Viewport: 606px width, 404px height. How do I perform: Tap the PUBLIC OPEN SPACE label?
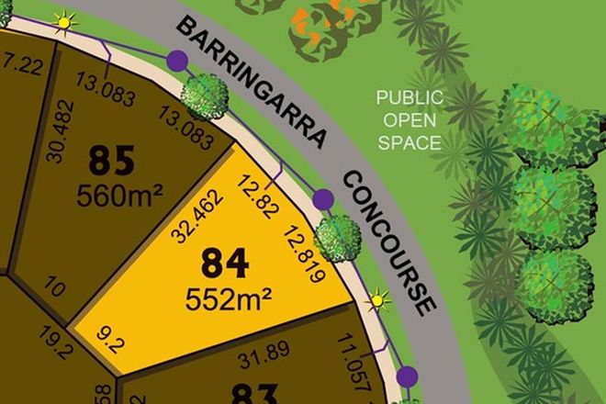pyautogui.click(x=409, y=119)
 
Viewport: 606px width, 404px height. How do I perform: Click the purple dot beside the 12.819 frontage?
pyautogui.click(x=322, y=199)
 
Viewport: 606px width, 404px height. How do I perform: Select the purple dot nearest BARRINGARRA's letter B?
pyautogui.click(x=177, y=62)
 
